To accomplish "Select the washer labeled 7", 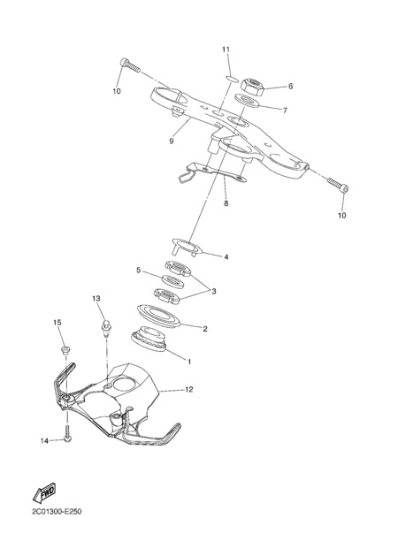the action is click(246, 101).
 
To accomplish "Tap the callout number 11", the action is click(226, 50).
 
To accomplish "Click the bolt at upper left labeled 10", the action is click(130, 65).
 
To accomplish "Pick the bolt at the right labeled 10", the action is click(339, 185).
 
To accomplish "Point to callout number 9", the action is click(172, 141).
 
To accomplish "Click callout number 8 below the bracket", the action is click(226, 203).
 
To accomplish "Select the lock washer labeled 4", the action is click(187, 248).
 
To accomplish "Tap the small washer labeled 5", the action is click(172, 281).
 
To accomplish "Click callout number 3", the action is click(213, 291).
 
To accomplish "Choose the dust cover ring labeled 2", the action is click(158, 316).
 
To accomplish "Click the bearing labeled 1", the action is click(149, 339).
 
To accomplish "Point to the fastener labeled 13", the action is click(105, 327).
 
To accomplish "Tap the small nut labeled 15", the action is click(65, 350).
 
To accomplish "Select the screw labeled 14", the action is click(67, 434).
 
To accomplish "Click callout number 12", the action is click(189, 389).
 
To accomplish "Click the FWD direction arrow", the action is click(44, 492).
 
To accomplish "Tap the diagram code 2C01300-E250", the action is click(57, 512).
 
